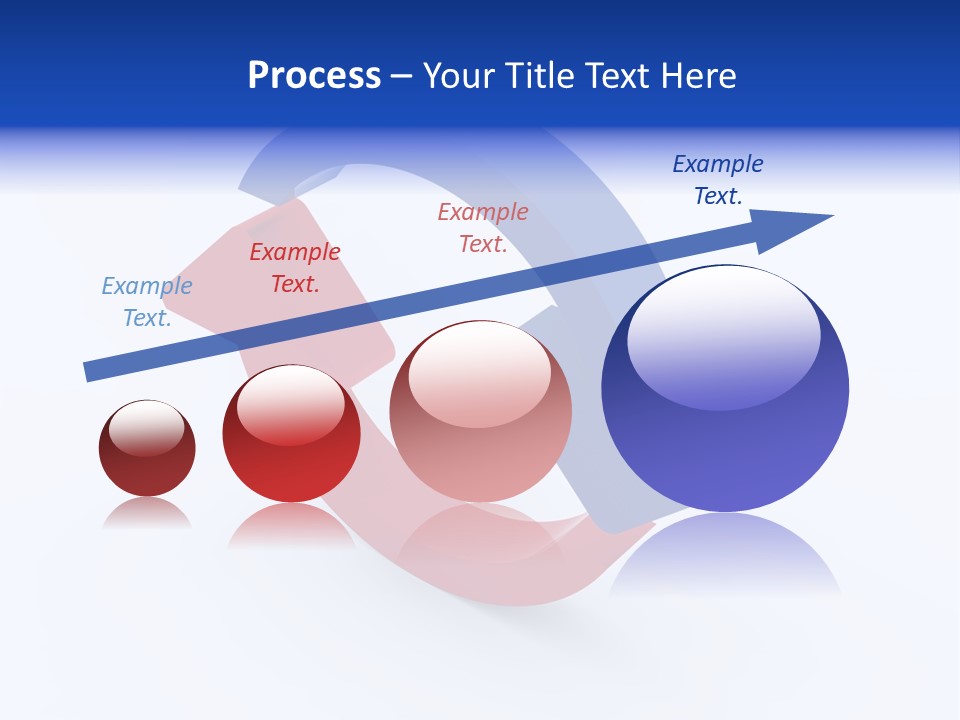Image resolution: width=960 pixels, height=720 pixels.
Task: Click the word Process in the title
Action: [x=314, y=76]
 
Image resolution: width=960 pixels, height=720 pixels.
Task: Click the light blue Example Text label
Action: [x=147, y=301]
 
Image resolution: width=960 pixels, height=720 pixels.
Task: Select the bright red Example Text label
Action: [x=295, y=268]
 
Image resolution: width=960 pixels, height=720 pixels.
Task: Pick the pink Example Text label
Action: [x=483, y=227]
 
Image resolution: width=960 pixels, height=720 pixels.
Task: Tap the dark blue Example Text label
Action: [x=718, y=180]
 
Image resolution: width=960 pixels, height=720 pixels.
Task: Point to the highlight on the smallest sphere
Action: [x=146, y=428]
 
